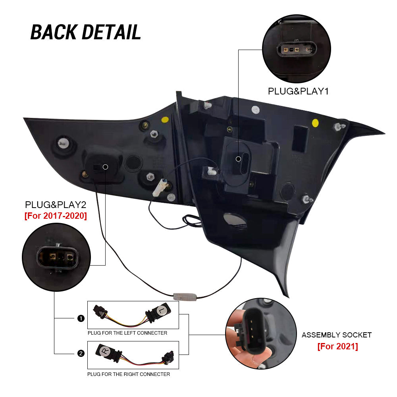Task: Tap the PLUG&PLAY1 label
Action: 299,91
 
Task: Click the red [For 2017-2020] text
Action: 55,216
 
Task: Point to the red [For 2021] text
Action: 337,346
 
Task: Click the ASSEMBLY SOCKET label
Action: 337,335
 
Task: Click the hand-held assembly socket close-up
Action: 261,333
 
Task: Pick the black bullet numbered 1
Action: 81,318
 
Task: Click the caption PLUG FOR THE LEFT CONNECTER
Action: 127,333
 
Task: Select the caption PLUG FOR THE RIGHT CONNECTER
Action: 129,374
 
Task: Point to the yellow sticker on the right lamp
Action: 316,122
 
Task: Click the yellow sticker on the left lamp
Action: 164,119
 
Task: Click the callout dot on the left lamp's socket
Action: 105,167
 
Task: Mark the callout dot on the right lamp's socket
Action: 238,159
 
